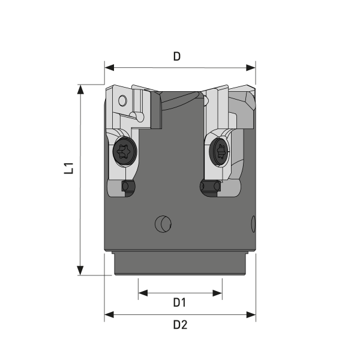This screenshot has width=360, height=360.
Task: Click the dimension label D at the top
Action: (x=177, y=56)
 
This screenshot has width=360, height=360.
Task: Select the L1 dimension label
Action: (x=68, y=168)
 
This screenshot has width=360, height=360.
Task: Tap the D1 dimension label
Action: (x=179, y=302)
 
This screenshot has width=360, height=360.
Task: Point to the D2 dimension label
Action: (x=180, y=325)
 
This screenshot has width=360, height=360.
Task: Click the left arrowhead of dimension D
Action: (x=109, y=68)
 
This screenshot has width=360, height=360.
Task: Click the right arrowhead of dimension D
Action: (x=251, y=68)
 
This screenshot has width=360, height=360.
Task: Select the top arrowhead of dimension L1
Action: (x=80, y=89)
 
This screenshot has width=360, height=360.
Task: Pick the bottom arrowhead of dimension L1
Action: (x=80, y=271)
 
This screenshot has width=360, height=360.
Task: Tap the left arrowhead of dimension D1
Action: (x=143, y=293)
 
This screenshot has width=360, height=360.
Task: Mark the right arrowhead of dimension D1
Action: (x=217, y=293)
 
